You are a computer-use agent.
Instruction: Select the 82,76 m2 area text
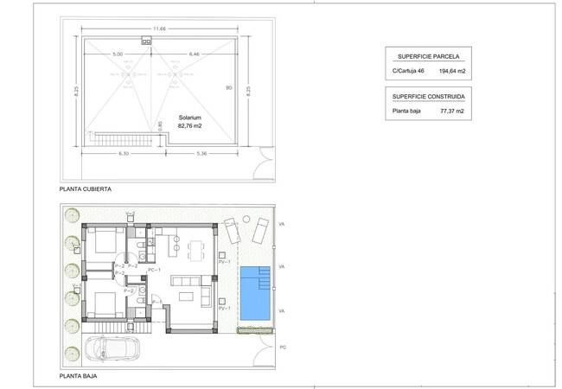tap(189, 125)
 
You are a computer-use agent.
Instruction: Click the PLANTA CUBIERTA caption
tap(85, 188)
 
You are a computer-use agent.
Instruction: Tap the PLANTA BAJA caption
tap(78, 377)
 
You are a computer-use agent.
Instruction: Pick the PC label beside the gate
tap(283, 347)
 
